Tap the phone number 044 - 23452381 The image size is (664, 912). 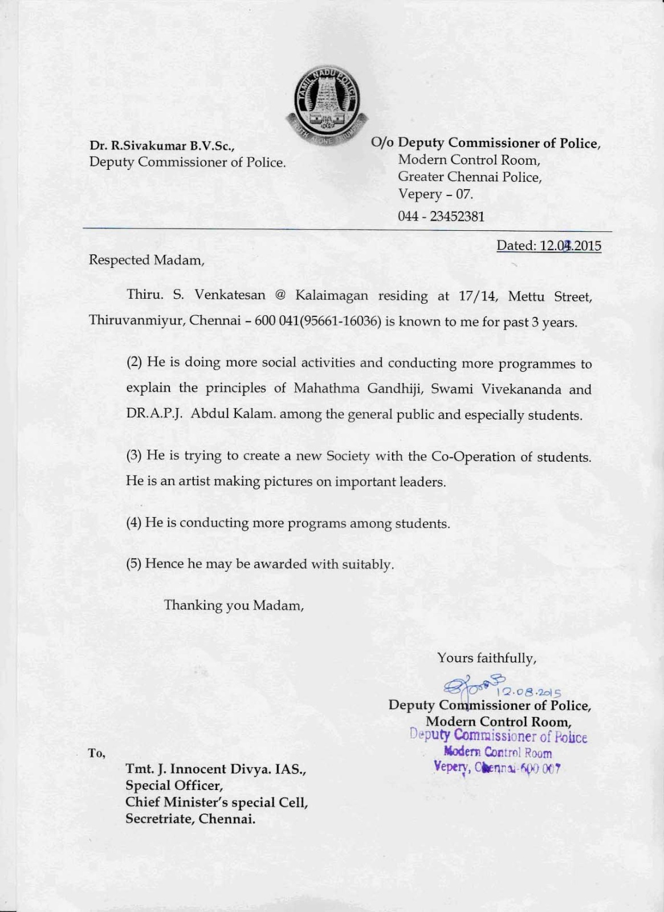[441, 217]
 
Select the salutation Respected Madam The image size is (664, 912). [146, 260]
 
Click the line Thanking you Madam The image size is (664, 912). [234, 605]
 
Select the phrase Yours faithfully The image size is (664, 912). [486, 658]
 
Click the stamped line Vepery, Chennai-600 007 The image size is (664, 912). [497, 767]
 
